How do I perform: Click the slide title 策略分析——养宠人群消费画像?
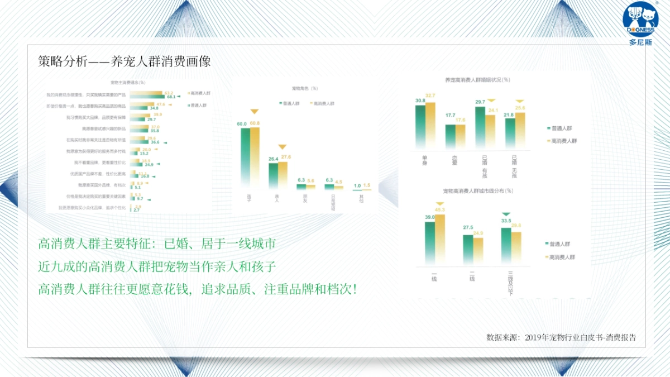point(125,61)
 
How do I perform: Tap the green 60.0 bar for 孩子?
point(242,158)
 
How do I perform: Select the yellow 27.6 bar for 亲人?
point(283,175)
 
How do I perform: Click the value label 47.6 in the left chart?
point(161,104)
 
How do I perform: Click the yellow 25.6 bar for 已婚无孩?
point(520,131)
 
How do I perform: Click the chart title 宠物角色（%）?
point(305,88)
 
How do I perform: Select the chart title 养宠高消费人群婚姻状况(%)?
point(477,80)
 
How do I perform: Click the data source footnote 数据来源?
point(561,337)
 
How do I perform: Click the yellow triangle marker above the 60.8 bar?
point(255,112)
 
